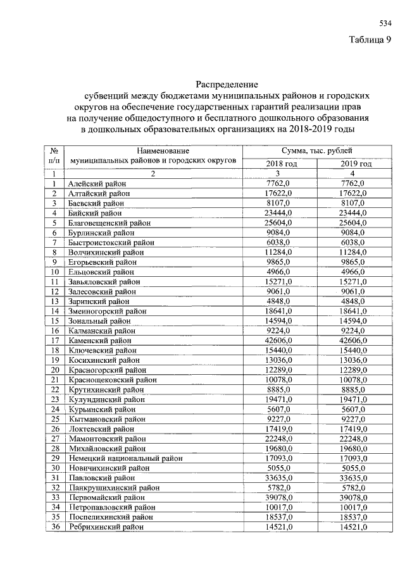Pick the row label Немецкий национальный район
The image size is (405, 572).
click(120, 458)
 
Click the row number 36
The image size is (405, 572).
click(55, 526)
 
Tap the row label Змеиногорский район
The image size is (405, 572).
click(104, 311)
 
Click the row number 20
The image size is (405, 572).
click(55, 370)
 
